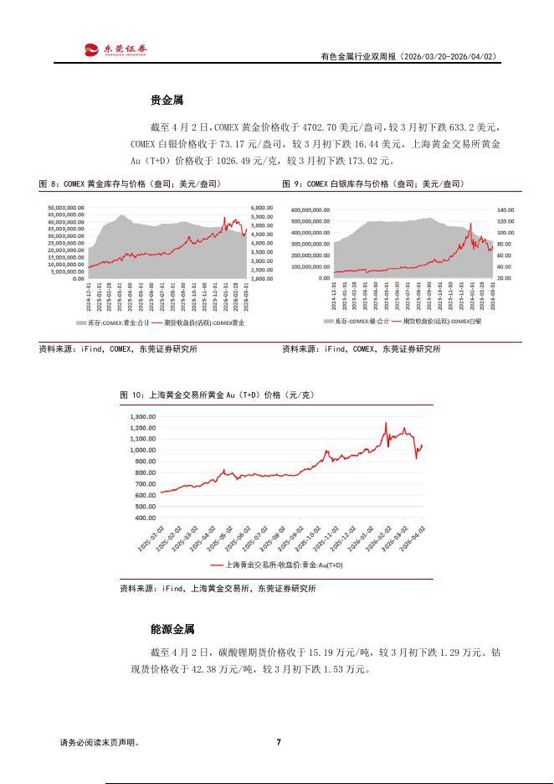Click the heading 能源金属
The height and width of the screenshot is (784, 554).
172,628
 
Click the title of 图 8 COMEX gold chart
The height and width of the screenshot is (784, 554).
126,183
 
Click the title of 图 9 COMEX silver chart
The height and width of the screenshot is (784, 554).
372,183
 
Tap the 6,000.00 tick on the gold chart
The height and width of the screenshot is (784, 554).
261,208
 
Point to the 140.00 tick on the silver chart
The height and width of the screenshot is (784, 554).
505,210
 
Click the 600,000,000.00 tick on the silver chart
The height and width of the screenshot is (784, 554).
310,210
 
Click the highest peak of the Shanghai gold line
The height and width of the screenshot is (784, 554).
386,423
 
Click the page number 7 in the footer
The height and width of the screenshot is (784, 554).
278,742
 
